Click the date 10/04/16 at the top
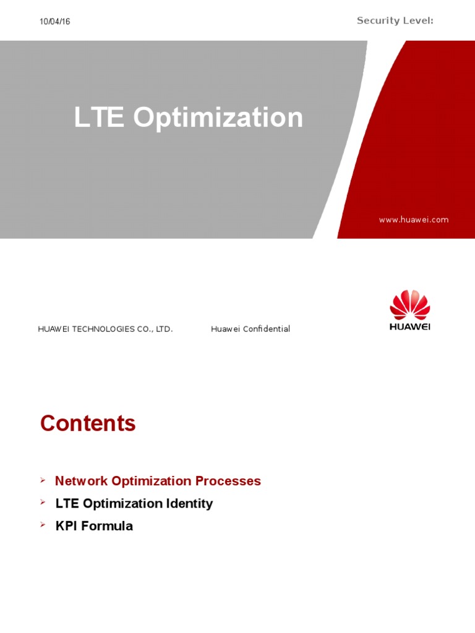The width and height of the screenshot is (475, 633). [55, 22]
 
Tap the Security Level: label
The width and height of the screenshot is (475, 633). [395, 21]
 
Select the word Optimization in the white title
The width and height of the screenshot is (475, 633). [218, 117]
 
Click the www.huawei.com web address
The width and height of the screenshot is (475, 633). [414, 219]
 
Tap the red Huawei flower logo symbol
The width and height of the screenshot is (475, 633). [409, 305]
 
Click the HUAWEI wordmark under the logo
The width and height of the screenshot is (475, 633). [409, 327]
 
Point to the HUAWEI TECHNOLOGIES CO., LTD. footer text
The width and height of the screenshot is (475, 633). [105, 329]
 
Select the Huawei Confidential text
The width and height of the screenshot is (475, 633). [250, 329]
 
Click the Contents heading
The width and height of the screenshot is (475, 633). [88, 423]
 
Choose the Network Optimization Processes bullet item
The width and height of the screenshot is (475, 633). [158, 481]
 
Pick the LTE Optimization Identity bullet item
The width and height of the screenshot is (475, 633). [134, 503]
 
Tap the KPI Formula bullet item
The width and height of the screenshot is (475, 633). [94, 526]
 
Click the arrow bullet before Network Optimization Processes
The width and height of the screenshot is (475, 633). [43, 480]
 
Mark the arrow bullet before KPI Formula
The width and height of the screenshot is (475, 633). [43, 525]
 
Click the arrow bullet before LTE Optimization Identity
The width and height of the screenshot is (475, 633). [43, 502]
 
